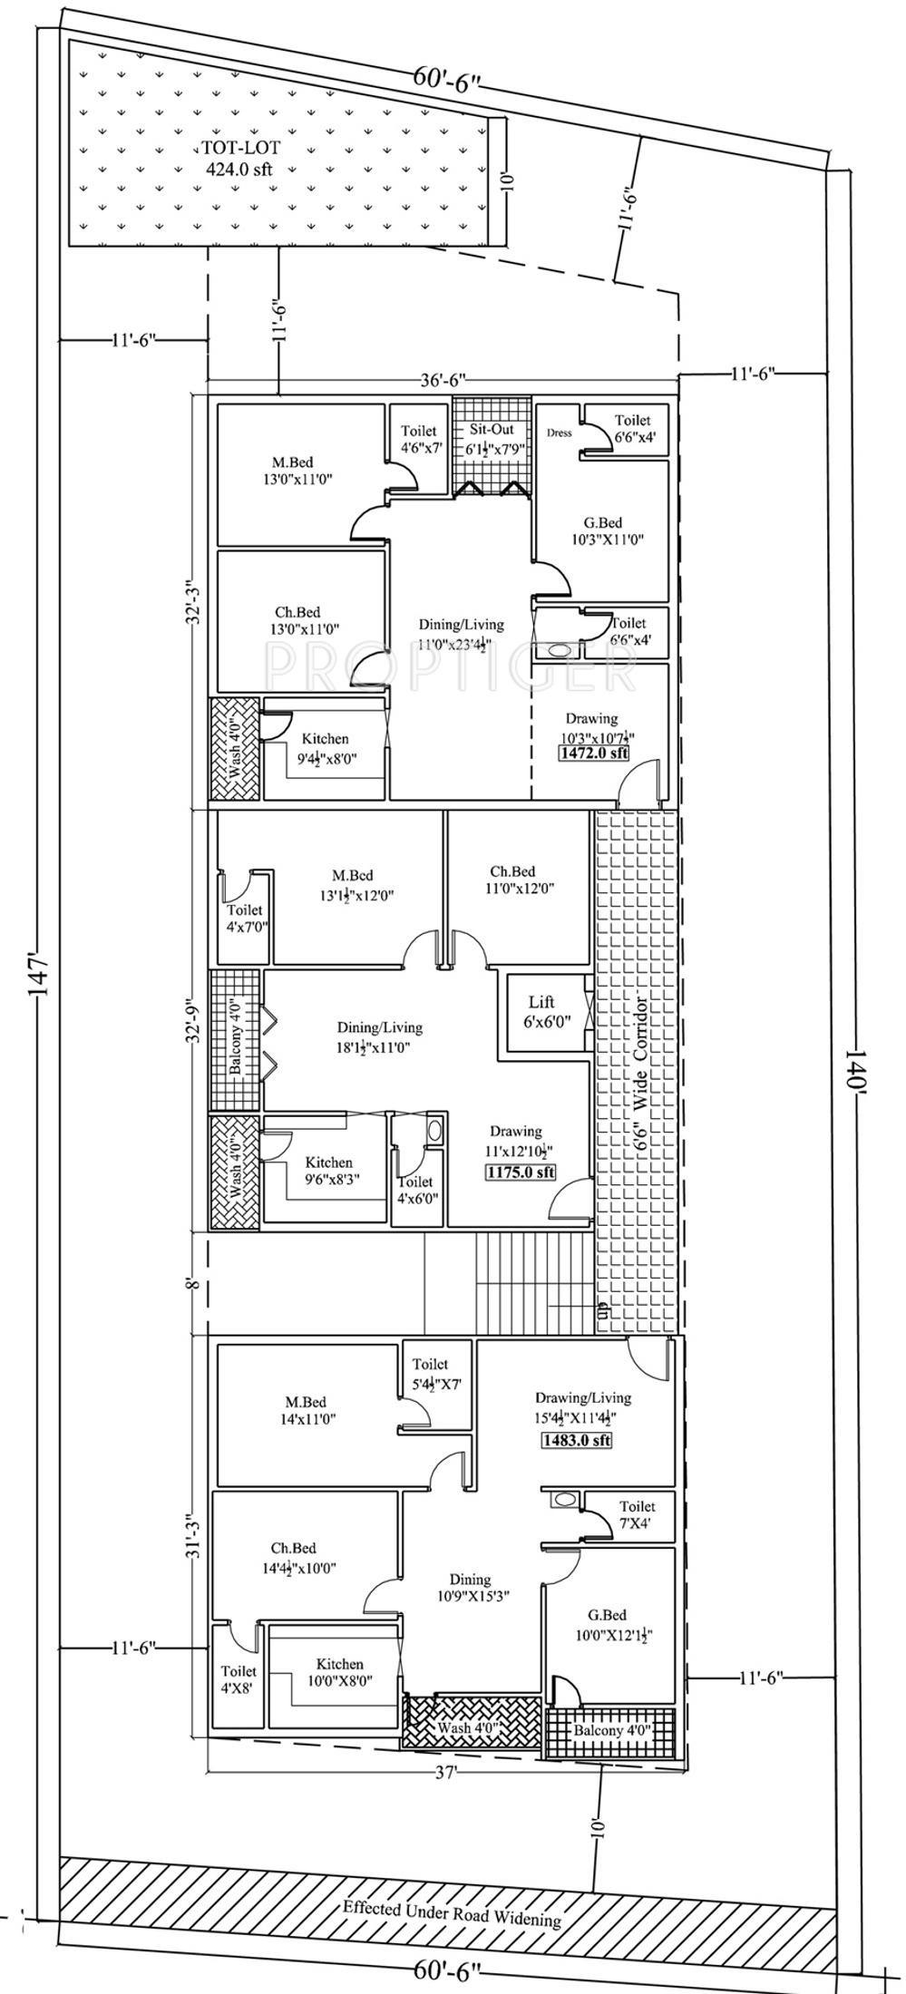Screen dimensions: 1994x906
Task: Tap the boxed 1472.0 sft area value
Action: tap(594, 753)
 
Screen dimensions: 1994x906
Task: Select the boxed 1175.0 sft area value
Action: tap(521, 1172)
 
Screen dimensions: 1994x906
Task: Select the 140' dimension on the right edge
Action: tap(859, 1050)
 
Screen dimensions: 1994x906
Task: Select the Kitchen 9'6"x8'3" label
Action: tap(328, 1171)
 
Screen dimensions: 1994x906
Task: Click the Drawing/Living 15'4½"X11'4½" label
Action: tap(582, 1406)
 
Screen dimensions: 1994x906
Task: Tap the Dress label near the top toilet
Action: tap(560, 433)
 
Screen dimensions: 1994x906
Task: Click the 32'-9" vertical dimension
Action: tap(193, 1020)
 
